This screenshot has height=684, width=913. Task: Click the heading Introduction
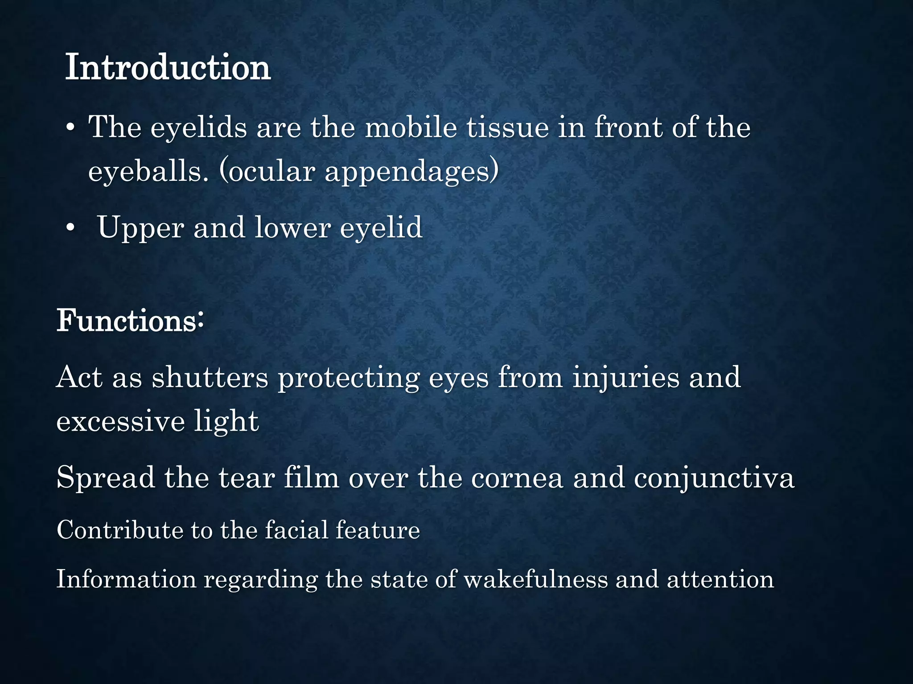point(168,68)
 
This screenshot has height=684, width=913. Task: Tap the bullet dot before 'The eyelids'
point(70,129)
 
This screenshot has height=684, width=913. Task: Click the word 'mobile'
point(411,128)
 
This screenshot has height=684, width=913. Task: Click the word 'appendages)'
point(411,172)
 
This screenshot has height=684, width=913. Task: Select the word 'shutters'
point(210,378)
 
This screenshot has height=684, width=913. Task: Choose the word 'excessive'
point(120,421)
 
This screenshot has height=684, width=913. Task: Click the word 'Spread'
point(106,478)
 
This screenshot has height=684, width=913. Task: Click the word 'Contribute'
point(120,530)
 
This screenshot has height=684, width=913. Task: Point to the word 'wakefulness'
point(536,579)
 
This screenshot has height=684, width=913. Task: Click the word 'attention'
point(720,579)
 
